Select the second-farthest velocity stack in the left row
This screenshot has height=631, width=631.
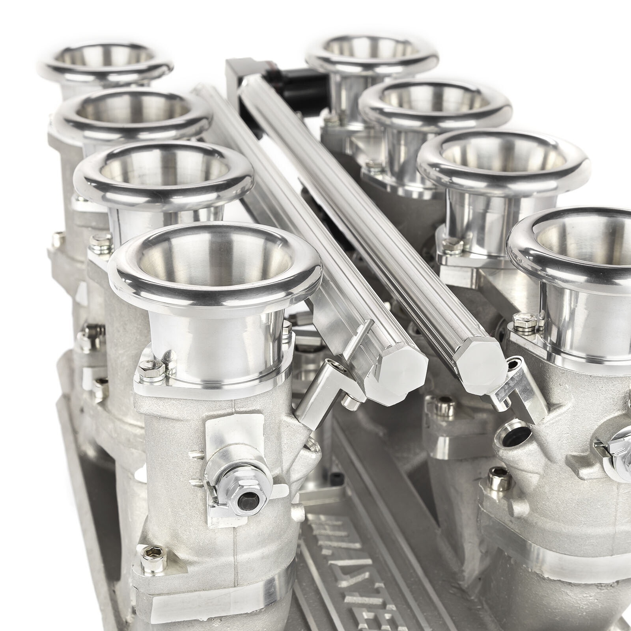(130, 114)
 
